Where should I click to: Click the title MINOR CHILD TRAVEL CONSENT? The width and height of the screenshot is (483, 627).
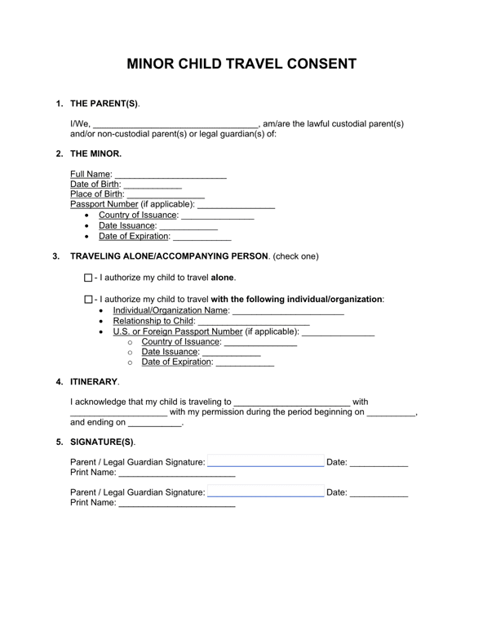pos(241,64)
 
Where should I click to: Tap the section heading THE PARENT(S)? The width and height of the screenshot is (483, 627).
pos(104,104)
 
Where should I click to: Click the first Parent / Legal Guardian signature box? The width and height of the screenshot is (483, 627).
pos(266,463)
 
